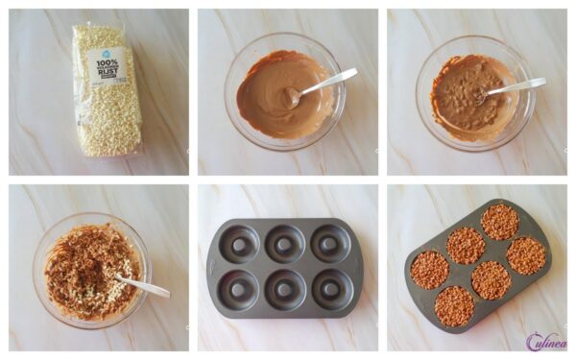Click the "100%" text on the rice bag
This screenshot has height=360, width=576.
point(106,62)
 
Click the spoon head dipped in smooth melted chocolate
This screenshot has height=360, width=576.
point(291,96)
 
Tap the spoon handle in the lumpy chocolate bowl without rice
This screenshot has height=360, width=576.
point(518,85)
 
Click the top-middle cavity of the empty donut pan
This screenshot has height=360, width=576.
point(284,244)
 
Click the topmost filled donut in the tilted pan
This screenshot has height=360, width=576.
point(499,222)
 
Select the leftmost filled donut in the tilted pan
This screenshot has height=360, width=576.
point(429,270)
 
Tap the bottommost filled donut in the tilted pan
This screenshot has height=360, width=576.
point(454,305)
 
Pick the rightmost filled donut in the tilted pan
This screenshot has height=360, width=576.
point(526,255)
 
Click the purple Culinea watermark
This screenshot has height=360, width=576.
point(545,341)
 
